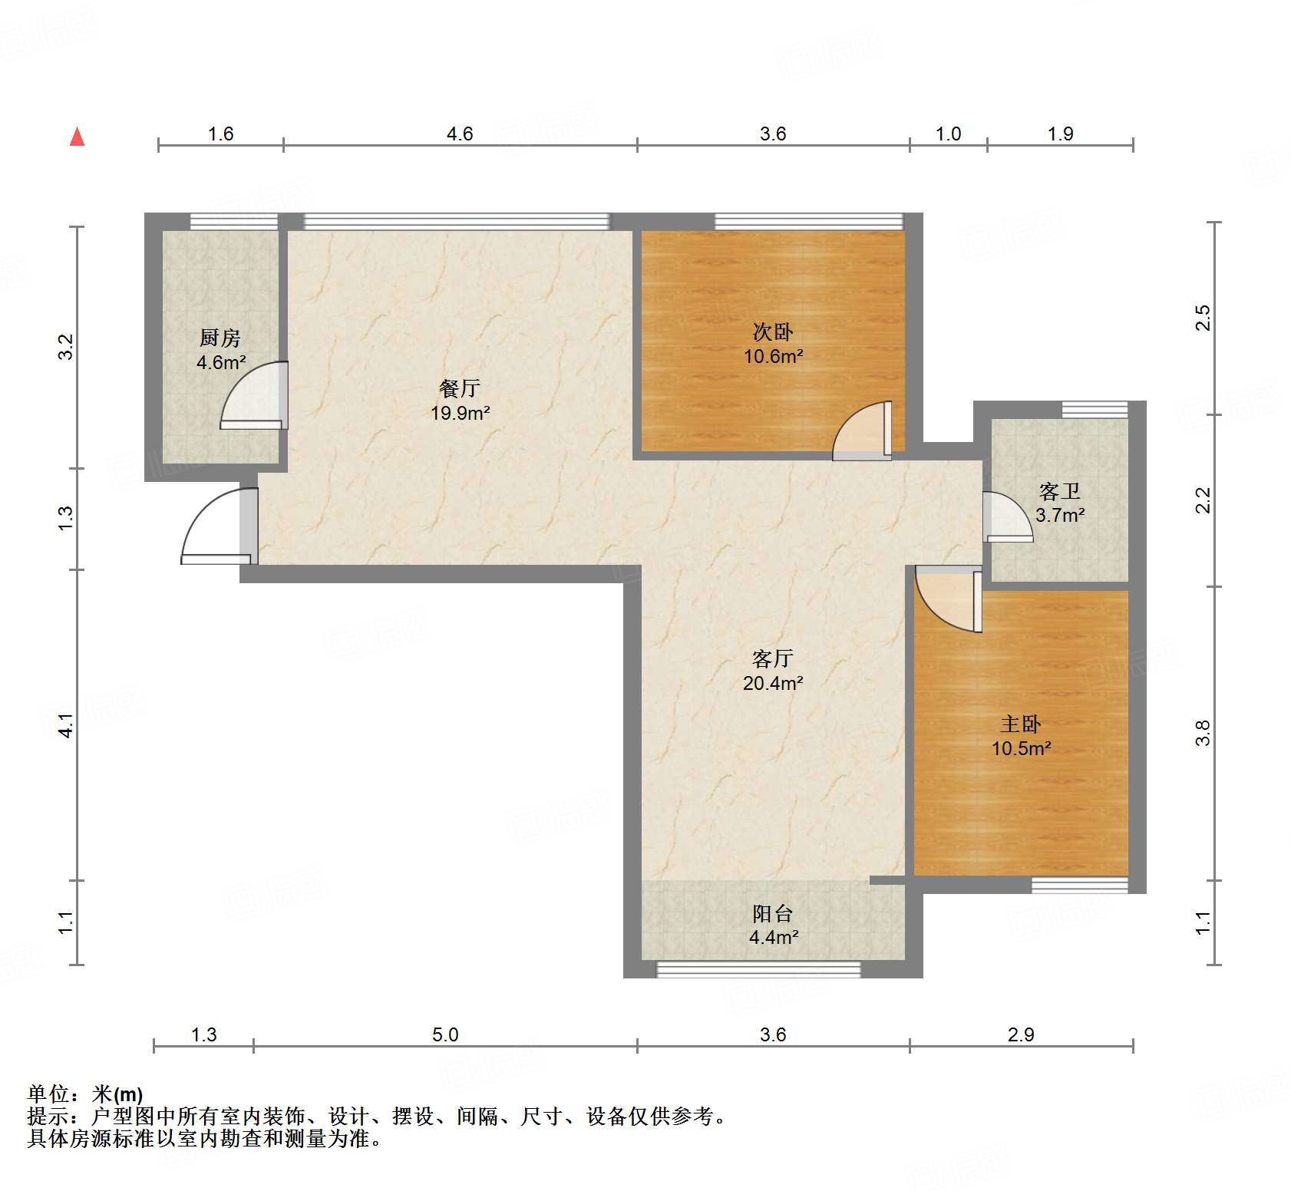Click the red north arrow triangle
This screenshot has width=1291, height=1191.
coord(77,137)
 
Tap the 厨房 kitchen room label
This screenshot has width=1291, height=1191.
coord(220,338)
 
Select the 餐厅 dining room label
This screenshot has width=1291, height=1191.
coord(460,388)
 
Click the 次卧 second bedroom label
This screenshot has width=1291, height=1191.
coord(773,332)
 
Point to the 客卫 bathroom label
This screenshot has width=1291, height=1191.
coord(1060,490)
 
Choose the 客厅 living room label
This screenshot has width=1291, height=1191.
coord(773,658)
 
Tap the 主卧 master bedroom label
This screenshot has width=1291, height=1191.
coord(1021,724)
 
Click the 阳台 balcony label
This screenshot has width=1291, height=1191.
coord(773,913)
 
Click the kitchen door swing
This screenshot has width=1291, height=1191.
coord(254,395)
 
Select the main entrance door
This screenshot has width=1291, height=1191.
coord(219,526)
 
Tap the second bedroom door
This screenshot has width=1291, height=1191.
coord(862,431)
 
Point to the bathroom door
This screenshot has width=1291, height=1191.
coord(1008,516)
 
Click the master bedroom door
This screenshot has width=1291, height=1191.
coord(949,599)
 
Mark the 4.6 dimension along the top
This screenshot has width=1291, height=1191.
coord(460,134)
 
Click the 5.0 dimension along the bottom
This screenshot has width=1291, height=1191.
coord(445,1034)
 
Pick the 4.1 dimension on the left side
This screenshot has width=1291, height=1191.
coord(67,725)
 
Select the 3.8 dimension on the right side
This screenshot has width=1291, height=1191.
coord(1203,733)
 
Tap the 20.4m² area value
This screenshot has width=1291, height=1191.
coord(773,682)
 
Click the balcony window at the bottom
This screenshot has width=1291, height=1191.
coord(758,970)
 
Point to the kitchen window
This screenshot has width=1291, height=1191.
coord(234,221)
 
